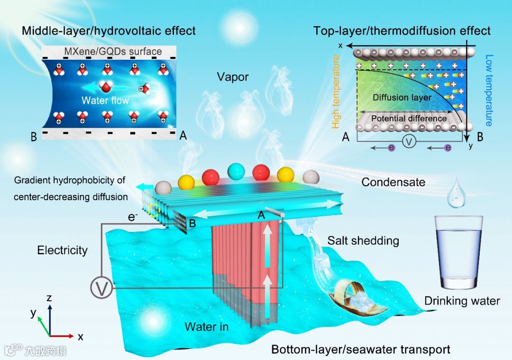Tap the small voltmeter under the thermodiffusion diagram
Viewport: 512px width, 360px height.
(x=410, y=141)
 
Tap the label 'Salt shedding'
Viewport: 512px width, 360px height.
(x=363, y=240)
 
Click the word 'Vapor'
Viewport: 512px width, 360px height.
(x=233, y=76)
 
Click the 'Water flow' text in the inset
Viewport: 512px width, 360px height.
(x=105, y=101)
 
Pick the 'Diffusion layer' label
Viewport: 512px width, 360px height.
(x=402, y=97)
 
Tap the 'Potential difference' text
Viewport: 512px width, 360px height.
(x=409, y=118)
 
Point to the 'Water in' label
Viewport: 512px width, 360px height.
(x=207, y=326)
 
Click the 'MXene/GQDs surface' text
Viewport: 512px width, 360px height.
(x=110, y=52)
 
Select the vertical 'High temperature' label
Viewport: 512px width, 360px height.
(x=336, y=91)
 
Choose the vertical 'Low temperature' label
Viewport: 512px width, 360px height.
(x=489, y=90)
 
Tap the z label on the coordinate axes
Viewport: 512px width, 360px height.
(x=48, y=297)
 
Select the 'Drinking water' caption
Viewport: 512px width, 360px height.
(x=462, y=300)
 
